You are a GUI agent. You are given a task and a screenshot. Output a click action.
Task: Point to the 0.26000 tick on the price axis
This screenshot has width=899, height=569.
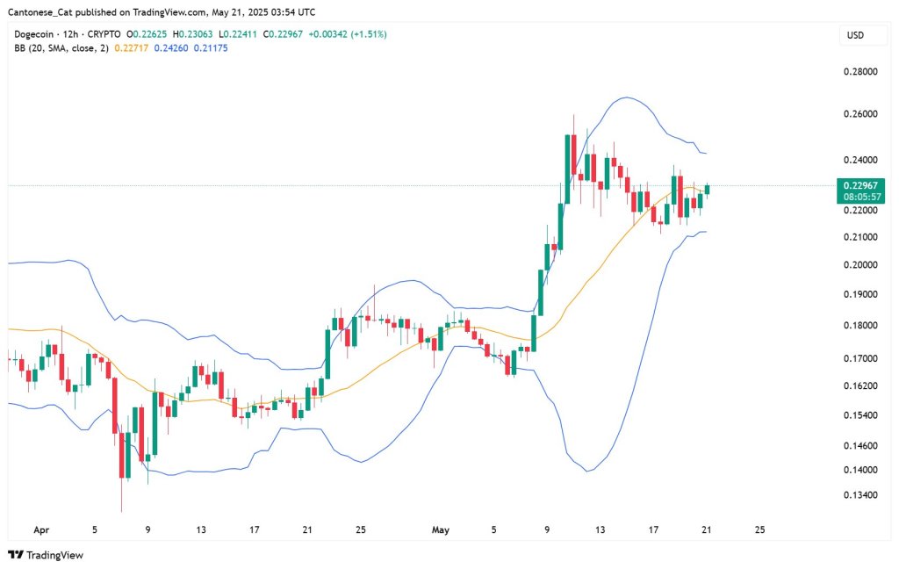coord(859,115)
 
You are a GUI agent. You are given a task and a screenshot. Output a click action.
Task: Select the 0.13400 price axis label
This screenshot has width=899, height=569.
coord(859,495)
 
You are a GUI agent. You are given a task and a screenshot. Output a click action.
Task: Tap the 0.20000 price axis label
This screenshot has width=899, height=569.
coord(859,265)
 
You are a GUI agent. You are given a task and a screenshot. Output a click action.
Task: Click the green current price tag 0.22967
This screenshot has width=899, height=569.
coord(859,185)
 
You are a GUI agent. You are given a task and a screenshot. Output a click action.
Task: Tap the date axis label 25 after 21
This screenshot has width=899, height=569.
coord(759,530)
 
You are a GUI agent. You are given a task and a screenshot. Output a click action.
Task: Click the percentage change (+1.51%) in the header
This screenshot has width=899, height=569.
coord(368,34)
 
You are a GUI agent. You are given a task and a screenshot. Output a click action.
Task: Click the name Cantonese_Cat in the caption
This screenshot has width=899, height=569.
coord(39,12)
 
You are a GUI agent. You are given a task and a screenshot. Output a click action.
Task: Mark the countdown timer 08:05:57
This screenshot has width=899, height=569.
coord(859,198)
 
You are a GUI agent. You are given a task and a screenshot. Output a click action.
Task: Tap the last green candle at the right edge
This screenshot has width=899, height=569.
coord(708,190)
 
